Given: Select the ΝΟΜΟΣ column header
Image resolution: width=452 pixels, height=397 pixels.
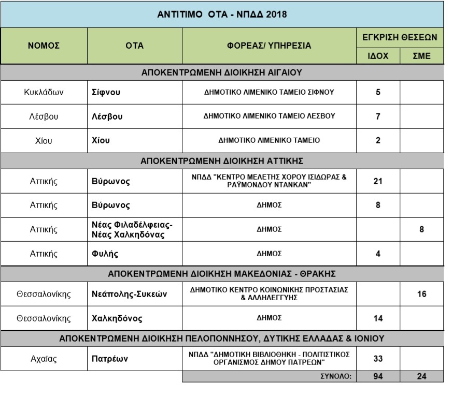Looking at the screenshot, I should [x=44, y=46].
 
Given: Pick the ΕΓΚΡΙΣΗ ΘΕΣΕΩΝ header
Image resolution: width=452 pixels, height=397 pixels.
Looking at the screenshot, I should [x=400, y=37].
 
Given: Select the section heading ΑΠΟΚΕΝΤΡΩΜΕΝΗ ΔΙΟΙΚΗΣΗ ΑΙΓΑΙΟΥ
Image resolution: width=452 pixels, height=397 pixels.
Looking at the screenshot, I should [x=222, y=72].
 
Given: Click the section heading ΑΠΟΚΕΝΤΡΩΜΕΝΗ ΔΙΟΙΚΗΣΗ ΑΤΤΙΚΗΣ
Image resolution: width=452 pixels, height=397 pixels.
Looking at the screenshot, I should [x=222, y=160].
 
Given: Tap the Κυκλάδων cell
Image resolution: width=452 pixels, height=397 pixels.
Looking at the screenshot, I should [x=44, y=93].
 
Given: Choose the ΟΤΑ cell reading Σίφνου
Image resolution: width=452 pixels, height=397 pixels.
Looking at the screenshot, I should [x=103, y=93].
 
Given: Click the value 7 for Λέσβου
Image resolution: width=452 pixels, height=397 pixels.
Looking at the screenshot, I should [x=378, y=116].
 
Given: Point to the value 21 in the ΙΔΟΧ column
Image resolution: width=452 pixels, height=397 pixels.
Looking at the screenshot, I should [x=378, y=181].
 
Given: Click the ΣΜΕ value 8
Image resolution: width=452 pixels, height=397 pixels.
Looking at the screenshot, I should [x=421, y=229].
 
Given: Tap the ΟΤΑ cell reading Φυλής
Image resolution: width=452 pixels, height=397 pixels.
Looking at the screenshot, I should [x=100, y=253].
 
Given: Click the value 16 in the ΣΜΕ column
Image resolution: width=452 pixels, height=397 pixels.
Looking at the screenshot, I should [x=421, y=294].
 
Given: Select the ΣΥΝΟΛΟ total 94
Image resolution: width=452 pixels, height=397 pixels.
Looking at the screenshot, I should [x=378, y=377].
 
